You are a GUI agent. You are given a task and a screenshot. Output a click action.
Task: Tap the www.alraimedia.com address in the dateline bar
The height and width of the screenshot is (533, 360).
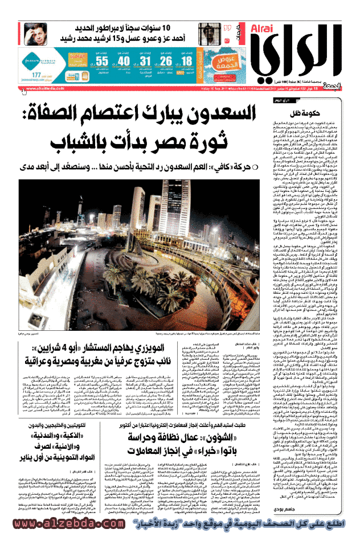pyautogui.click(x=45, y=89)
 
